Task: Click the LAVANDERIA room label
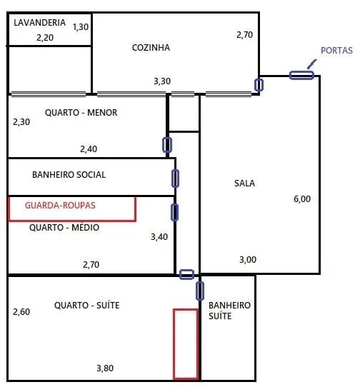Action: click(x=39, y=22)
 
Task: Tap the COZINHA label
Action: click(x=151, y=47)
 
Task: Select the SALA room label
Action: click(x=244, y=183)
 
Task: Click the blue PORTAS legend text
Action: click(x=336, y=51)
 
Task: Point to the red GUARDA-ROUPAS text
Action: click(x=60, y=206)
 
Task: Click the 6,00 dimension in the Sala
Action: click(x=302, y=199)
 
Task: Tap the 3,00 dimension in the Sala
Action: click(x=248, y=260)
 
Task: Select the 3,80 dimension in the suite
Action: click(x=105, y=368)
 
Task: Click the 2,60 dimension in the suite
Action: click(x=21, y=312)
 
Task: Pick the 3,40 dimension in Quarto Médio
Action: click(x=159, y=237)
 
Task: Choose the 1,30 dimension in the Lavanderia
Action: click(x=81, y=27)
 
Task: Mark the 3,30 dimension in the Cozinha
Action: click(x=162, y=81)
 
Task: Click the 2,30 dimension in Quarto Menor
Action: click(x=21, y=122)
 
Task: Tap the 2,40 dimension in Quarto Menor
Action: click(x=89, y=149)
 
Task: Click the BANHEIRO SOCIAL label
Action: click(x=69, y=175)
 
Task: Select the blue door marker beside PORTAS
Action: click(x=301, y=75)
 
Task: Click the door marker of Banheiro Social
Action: click(x=175, y=179)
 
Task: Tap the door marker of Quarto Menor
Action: click(x=167, y=145)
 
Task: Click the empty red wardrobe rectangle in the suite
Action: click(x=174, y=343)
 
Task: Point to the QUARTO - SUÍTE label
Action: click(x=86, y=306)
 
